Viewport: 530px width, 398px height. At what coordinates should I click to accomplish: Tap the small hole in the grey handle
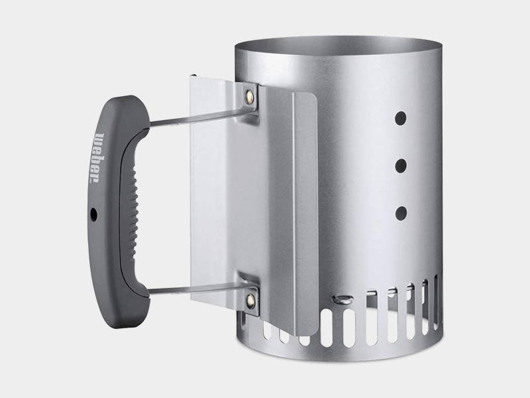(93, 214)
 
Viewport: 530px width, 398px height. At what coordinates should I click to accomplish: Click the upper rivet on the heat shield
(250, 96)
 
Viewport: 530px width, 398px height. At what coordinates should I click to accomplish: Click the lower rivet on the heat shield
(250, 301)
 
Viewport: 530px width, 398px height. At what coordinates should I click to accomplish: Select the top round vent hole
(401, 118)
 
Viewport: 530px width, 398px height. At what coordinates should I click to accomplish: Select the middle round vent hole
(401, 165)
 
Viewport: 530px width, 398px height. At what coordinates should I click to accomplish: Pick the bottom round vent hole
(401, 213)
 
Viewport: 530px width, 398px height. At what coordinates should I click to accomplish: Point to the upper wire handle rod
(202, 117)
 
